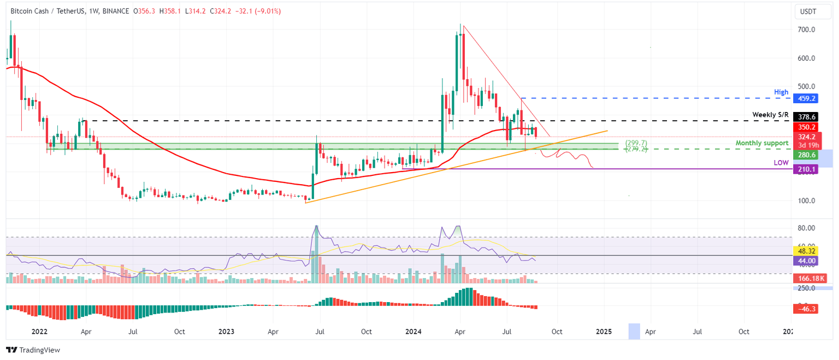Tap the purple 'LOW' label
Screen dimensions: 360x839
coord(781,163)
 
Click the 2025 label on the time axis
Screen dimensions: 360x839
coord(604,332)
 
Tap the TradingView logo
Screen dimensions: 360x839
coord(33,350)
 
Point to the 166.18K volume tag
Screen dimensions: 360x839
coord(807,279)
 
